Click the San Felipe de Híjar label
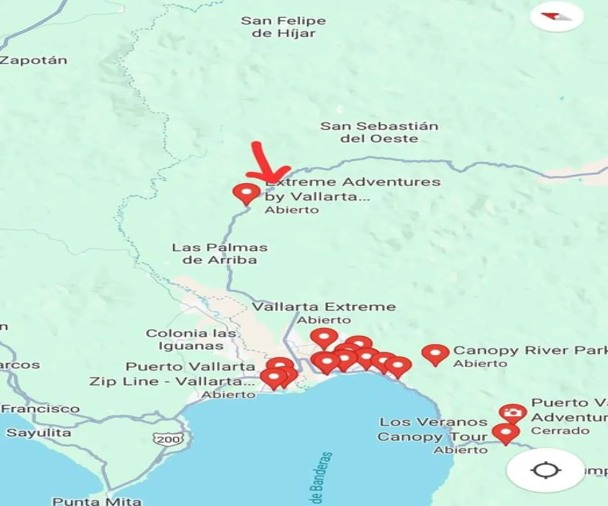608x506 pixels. (x=283, y=27)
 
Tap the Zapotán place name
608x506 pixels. (x=33, y=60)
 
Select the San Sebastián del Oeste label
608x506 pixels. (x=379, y=132)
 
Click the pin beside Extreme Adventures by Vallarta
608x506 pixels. (x=246, y=193)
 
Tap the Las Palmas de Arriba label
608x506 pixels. (x=219, y=254)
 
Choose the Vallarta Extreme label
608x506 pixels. (x=324, y=307)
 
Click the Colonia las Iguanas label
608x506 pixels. (x=191, y=340)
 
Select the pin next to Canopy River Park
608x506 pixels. (x=435, y=353)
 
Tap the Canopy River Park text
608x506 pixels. (x=529, y=351)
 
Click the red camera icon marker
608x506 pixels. (x=512, y=413)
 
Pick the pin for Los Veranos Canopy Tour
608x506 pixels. (x=506, y=433)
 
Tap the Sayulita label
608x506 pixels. (x=39, y=433)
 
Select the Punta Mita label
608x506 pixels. (x=97, y=501)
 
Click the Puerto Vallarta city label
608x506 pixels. (x=191, y=366)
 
